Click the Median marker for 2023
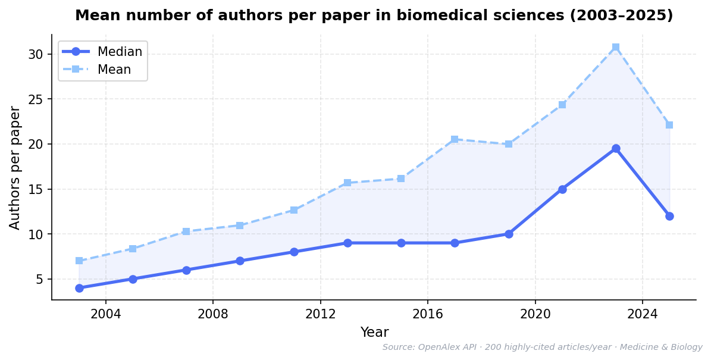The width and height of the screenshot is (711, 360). [x=616, y=149]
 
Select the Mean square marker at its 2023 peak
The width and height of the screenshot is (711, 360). [x=616, y=47]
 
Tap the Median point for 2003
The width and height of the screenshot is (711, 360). [x=79, y=288]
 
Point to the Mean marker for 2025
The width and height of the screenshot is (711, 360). [x=669, y=125]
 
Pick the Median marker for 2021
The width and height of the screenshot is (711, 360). [x=562, y=189]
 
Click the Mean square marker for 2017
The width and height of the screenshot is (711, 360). [x=455, y=139]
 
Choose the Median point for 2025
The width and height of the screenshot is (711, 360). [x=669, y=216]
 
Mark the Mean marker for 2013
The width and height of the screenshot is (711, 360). [x=347, y=183]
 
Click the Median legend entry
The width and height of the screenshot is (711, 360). [x=120, y=52]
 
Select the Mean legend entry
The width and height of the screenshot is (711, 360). [x=114, y=70]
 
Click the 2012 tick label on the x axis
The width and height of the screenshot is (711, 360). [x=321, y=313]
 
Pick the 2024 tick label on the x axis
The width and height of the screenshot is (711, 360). [x=643, y=313]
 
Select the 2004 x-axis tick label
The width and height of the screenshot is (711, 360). [x=106, y=313]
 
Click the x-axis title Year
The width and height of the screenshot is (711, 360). [x=374, y=333]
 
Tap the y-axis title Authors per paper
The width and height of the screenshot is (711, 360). [x=15, y=167]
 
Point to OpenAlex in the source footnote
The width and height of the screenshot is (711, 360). [x=439, y=348]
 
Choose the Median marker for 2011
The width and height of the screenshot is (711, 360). [x=294, y=252]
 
